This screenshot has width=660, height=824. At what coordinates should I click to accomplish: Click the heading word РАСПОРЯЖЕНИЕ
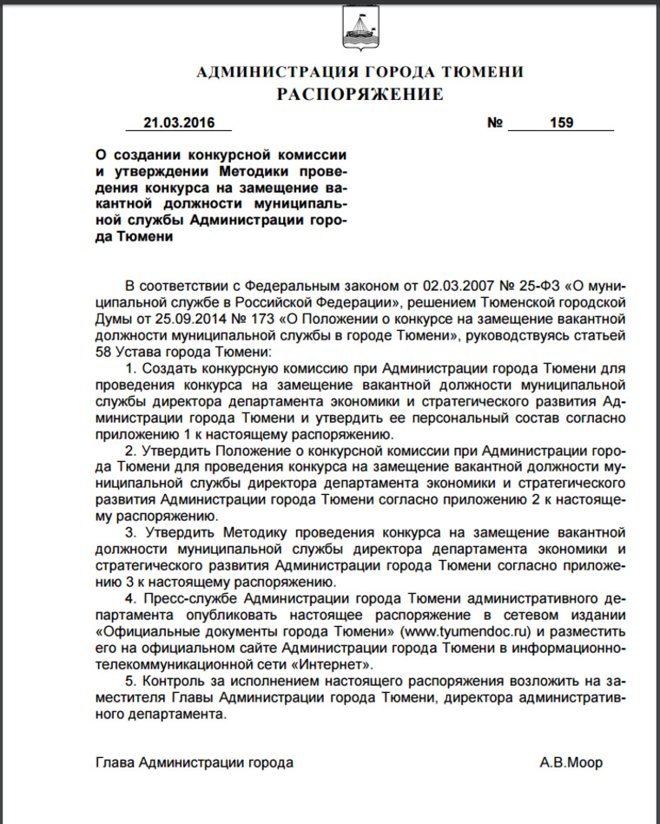[360, 94]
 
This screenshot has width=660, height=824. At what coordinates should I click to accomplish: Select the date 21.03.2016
[180, 123]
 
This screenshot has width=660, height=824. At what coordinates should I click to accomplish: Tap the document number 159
[561, 123]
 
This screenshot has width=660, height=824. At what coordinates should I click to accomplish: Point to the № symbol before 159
[495, 123]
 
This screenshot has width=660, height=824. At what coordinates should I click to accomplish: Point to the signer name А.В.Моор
[571, 763]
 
